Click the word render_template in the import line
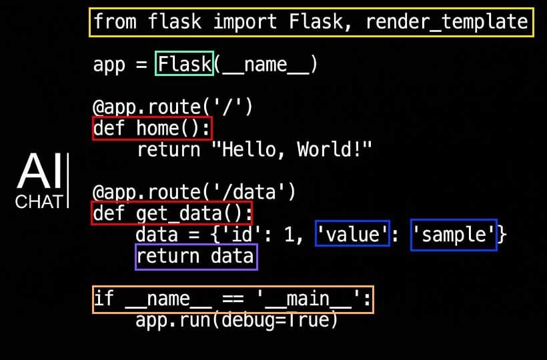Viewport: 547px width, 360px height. point(446,22)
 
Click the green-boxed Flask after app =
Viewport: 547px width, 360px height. point(185,64)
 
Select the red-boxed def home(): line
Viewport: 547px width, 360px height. point(152,128)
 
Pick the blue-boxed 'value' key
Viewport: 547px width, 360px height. point(352,234)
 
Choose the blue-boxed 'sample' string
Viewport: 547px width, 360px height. point(454,234)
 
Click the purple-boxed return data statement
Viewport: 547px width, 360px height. point(195,257)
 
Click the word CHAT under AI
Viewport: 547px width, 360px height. point(39,201)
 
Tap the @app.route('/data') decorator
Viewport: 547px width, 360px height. point(193,192)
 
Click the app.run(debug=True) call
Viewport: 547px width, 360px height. point(237,320)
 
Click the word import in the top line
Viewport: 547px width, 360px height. point(245,22)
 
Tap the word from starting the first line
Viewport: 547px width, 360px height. point(115,22)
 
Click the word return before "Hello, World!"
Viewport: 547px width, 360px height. point(168,149)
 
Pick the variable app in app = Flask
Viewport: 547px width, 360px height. point(109,65)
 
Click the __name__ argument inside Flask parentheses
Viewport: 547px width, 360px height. point(264,65)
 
